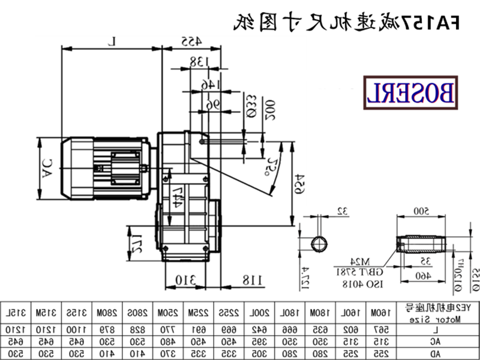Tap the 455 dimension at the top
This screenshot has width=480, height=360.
[x=191, y=41]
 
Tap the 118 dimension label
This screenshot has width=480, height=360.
[x=252, y=280]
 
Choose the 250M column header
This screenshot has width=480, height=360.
[x=166, y=314]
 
